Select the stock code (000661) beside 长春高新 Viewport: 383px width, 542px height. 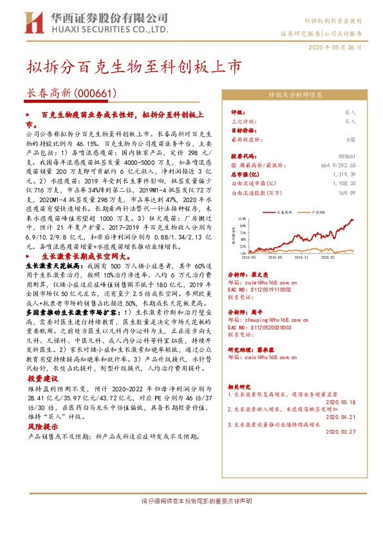point(95,94)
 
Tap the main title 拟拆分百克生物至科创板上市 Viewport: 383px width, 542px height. point(135,66)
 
